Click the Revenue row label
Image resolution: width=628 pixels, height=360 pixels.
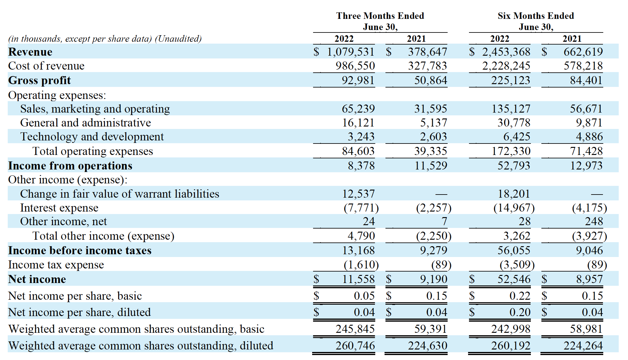click(x=30, y=52)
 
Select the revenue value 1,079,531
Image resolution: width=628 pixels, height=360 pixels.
click(x=351, y=52)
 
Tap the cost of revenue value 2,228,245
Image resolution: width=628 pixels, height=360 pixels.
click(x=506, y=66)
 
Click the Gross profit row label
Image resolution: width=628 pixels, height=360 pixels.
click(x=39, y=80)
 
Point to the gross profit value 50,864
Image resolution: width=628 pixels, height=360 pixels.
click(x=431, y=80)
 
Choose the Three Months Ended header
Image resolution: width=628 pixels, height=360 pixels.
click(x=380, y=16)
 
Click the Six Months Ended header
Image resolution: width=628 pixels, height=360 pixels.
click(x=536, y=16)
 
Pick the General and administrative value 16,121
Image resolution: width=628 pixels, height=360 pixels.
click(x=358, y=123)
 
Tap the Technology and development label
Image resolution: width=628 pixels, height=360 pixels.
click(x=92, y=137)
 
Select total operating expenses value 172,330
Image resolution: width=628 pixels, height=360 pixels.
click(x=511, y=151)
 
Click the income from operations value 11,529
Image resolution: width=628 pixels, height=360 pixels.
click(x=431, y=166)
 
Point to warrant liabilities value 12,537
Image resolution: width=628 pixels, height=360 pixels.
click(x=358, y=194)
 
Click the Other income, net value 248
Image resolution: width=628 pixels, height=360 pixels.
click(x=594, y=221)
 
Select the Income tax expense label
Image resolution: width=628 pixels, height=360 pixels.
click(x=56, y=265)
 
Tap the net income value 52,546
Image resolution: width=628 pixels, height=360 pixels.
click(x=514, y=279)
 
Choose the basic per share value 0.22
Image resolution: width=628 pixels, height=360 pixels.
click(x=520, y=296)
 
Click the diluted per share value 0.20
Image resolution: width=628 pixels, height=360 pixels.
click(x=520, y=312)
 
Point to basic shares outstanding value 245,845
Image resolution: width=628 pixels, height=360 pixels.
click(x=355, y=329)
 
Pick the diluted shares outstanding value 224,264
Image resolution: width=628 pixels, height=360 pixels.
click(x=583, y=346)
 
